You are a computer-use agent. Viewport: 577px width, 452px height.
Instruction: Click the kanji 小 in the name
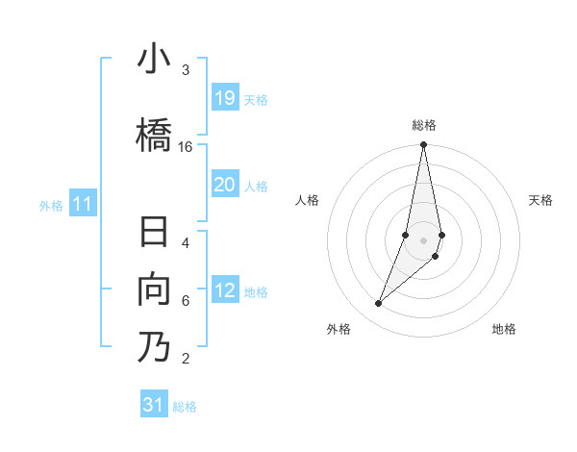click(x=154, y=60)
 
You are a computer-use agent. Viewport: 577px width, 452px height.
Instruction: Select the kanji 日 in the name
click(x=154, y=235)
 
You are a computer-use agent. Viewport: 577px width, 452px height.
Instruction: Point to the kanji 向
click(x=154, y=289)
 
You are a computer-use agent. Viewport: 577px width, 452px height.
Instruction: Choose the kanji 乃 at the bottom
click(x=154, y=346)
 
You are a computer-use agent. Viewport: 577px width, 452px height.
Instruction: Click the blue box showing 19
click(x=225, y=98)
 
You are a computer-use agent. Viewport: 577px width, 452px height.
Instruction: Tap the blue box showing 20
click(x=225, y=185)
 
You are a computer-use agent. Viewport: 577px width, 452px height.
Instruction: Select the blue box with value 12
click(x=225, y=291)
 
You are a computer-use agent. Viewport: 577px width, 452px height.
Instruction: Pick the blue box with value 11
click(x=83, y=204)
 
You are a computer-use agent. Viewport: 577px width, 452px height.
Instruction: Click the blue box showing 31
click(x=154, y=405)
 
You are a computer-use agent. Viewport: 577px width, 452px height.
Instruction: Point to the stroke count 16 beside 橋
click(x=186, y=147)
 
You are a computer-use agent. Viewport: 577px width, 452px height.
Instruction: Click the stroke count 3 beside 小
click(x=186, y=70)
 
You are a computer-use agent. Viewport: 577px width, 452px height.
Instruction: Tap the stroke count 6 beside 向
click(x=186, y=301)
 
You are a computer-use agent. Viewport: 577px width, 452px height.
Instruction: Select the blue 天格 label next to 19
click(x=256, y=100)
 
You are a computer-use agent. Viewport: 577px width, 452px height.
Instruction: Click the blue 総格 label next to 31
click(x=185, y=407)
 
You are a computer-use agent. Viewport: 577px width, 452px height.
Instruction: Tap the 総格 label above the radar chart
click(x=424, y=125)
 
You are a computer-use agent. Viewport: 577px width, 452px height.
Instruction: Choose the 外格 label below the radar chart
click(x=339, y=330)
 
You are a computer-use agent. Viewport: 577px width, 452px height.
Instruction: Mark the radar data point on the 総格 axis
click(x=423, y=145)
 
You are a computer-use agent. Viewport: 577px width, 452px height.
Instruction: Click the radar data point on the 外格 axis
click(x=379, y=304)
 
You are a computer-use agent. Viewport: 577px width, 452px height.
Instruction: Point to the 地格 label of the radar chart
click(x=504, y=330)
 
